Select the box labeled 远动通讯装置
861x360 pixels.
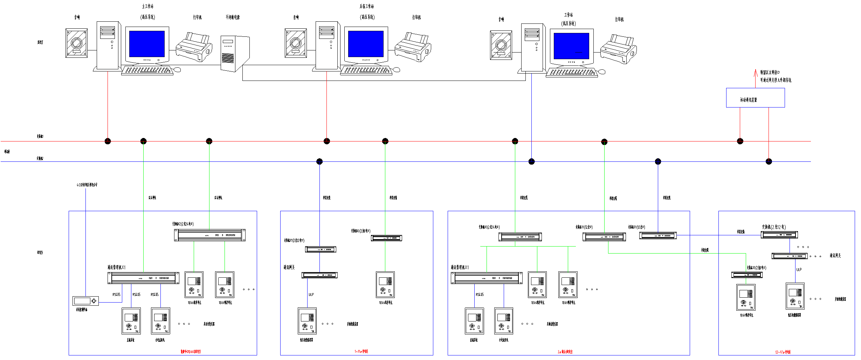point(755,98)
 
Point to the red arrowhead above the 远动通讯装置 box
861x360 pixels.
point(756,72)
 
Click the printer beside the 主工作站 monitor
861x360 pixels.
point(194,47)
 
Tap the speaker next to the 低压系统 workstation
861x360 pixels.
point(501,45)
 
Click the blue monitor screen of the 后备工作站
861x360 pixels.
point(366,44)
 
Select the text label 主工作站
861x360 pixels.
point(147,6)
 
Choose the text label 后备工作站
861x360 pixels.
point(366,6)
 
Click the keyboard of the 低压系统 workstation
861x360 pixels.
point(572,73)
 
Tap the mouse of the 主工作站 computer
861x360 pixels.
point(177,70)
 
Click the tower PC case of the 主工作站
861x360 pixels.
point(108,46)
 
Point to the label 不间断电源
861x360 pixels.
point(233,17)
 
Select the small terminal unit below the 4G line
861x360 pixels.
point(85,301)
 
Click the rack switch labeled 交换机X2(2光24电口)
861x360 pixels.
point(210,235)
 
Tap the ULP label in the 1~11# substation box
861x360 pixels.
point(311,295)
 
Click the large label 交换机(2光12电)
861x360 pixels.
point(774,227)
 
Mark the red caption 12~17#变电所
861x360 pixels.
point(783,352)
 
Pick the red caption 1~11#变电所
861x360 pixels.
point(361,351)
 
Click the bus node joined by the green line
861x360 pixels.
point(515,141)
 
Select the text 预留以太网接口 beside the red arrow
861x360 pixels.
point(770,72)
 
